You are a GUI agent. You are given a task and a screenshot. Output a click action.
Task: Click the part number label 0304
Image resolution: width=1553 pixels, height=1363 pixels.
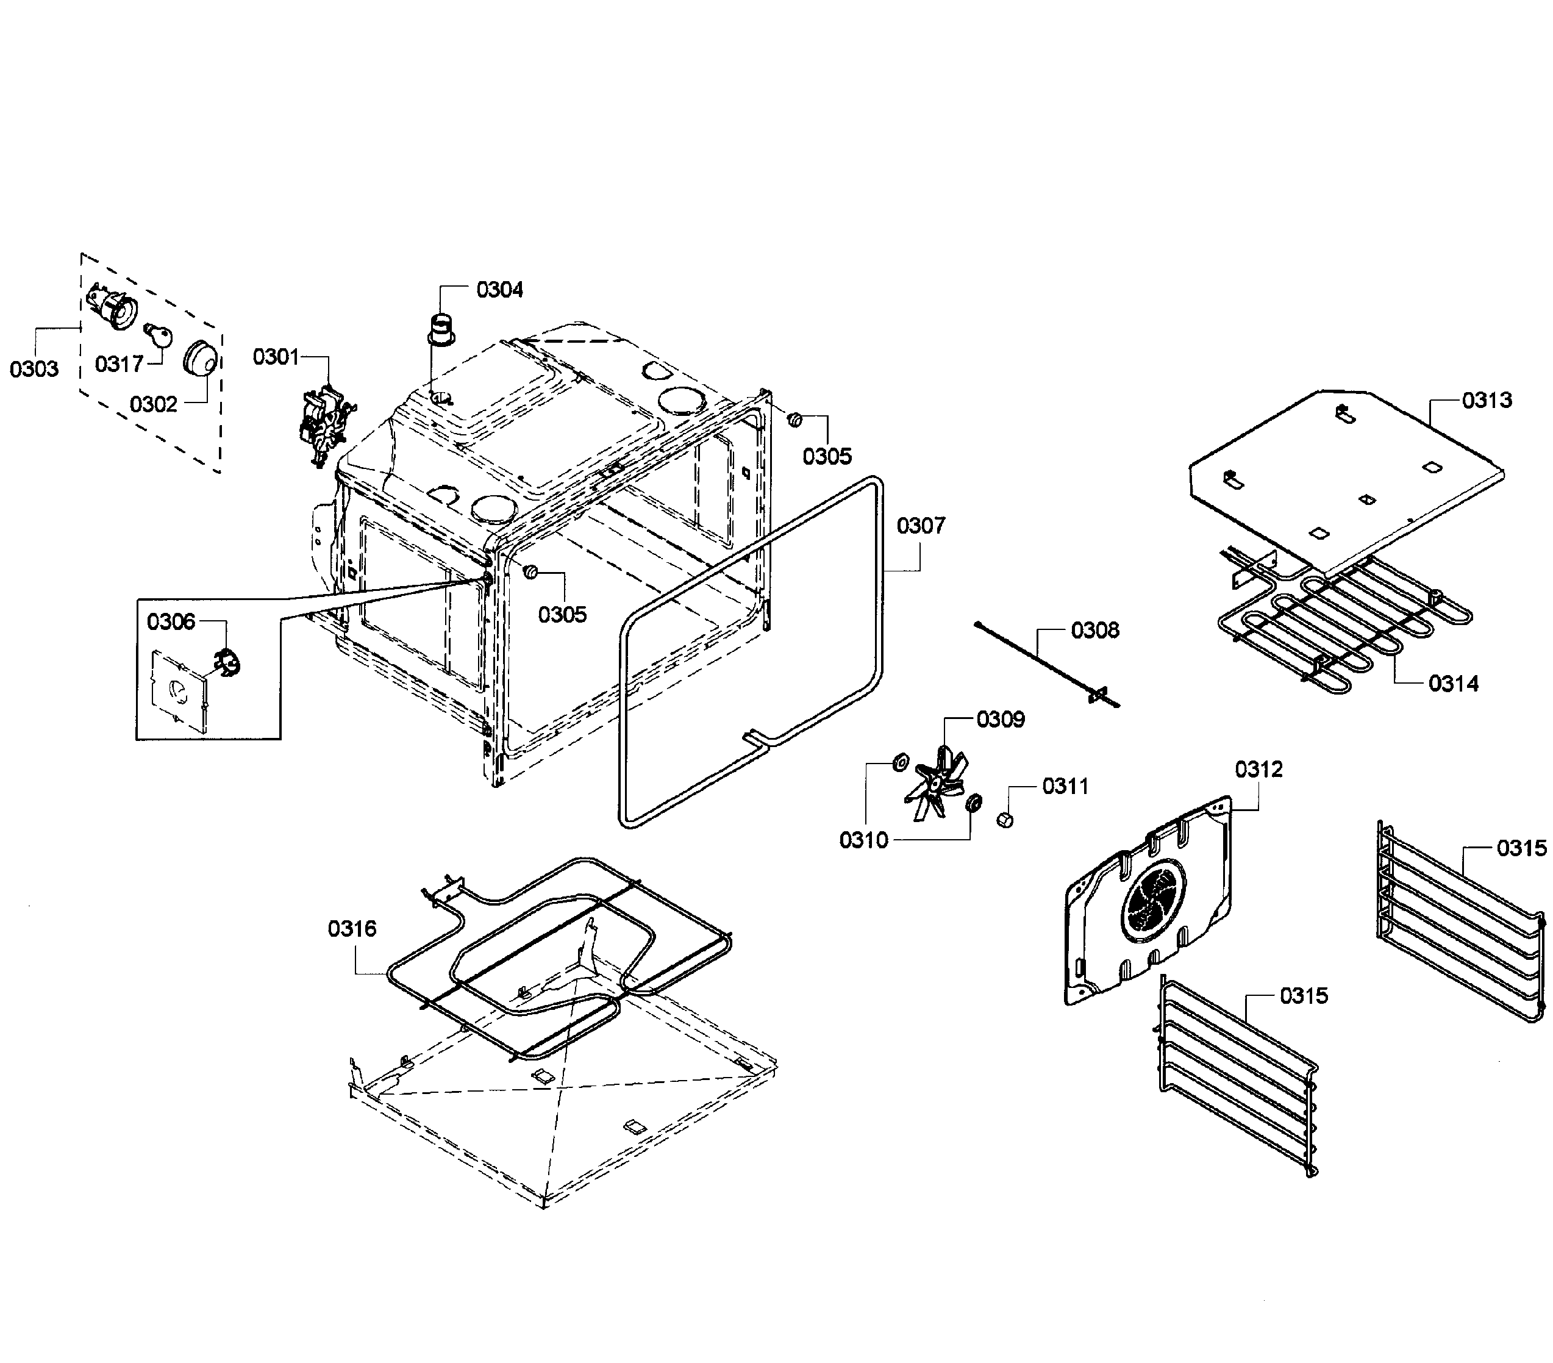click(499, 290)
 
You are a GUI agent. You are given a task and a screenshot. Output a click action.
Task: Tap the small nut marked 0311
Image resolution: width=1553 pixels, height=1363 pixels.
click(1004, 820)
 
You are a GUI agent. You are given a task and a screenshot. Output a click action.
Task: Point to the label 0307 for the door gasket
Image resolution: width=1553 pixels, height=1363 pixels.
click(921, 526)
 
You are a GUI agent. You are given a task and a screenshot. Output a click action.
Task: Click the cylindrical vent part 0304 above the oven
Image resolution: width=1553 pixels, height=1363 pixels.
click(440, 329)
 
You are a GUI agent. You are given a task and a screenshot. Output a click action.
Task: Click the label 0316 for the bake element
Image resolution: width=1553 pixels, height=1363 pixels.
click(352, 928)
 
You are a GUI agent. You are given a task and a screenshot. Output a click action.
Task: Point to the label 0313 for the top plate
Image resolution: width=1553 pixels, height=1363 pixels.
click(1487, 401)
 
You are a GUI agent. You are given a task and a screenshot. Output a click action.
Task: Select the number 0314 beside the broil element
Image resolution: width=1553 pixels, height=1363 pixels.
click(1454, 684)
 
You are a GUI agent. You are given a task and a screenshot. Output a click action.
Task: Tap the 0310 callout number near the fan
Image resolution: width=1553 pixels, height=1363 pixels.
click(863, 840)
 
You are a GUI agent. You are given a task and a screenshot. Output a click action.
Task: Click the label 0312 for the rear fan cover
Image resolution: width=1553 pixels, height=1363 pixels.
click(1258, 770)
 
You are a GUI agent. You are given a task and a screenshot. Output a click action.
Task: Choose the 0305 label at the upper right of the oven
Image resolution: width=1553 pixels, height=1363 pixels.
click(827, 457)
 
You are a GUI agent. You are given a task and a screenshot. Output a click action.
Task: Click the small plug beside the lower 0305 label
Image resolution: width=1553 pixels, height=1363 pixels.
click(531, 571)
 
